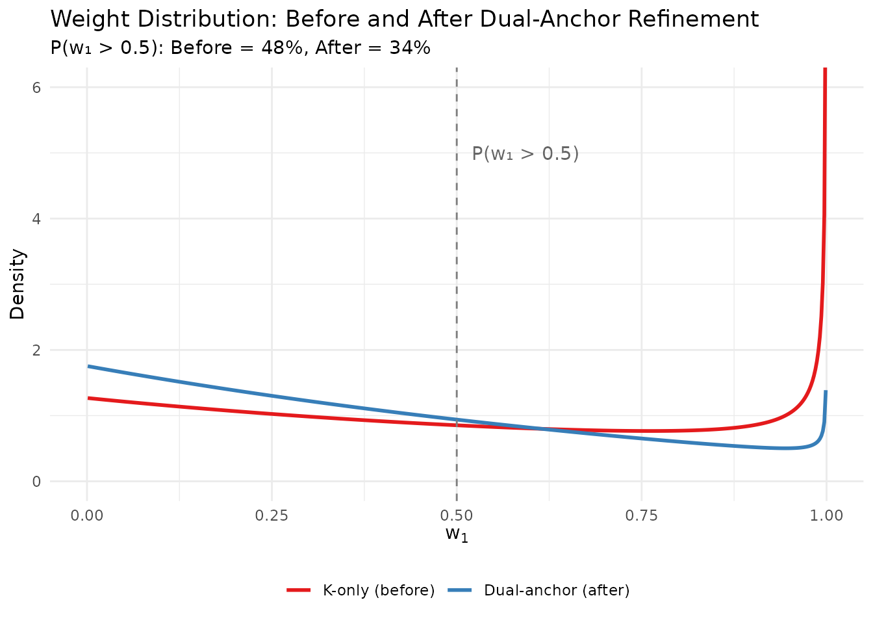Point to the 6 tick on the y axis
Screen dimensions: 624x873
click(36, 87)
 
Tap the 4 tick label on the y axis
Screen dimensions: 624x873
click(36, 218)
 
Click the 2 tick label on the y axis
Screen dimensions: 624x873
click(36, 350)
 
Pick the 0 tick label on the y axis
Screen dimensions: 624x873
click(36, 482)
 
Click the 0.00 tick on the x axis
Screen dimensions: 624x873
click(87, 516)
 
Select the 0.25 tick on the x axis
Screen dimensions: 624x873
click(272, 516)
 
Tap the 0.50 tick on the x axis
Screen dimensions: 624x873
click(457, 516)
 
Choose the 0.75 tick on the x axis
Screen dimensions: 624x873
click(641, 516)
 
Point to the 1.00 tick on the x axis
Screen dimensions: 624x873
click(826, 516)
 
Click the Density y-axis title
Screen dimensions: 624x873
click(18, 284)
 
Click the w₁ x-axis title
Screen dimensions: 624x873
click(457, 535)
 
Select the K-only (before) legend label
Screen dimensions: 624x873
click(379, 590)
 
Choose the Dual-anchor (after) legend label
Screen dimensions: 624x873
click(557, 590)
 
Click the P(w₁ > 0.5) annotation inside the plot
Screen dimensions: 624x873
click(525, 153)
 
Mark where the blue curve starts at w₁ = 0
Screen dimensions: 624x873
click(88, 366)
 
